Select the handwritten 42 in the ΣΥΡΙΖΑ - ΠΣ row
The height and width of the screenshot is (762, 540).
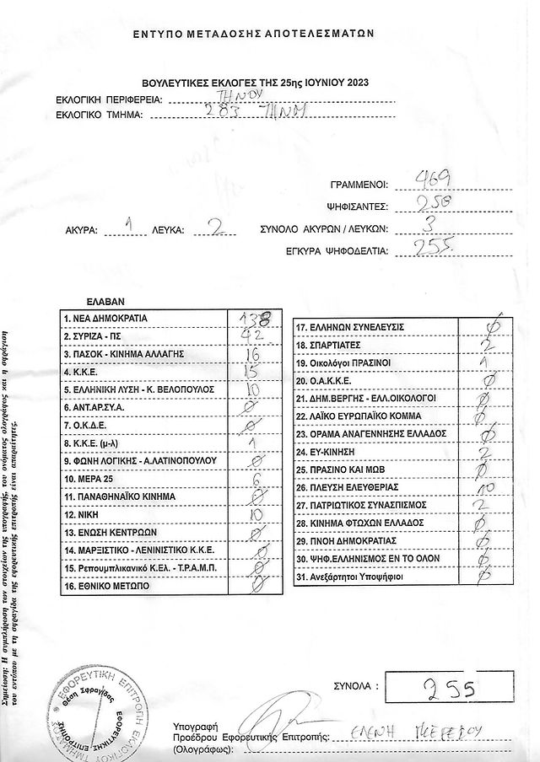251,335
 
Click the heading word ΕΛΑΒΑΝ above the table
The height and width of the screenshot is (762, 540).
105,299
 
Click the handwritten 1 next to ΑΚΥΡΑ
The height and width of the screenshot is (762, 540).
129,226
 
